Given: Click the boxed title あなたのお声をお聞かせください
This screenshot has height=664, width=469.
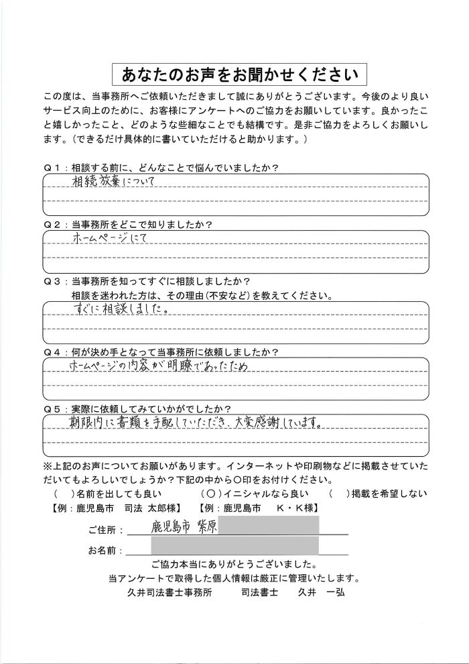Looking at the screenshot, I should tap(234, 73).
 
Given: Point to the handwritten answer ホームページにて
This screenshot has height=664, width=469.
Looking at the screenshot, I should tap(107, 238).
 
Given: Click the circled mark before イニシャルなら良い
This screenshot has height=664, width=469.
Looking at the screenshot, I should tap(207, 494).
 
